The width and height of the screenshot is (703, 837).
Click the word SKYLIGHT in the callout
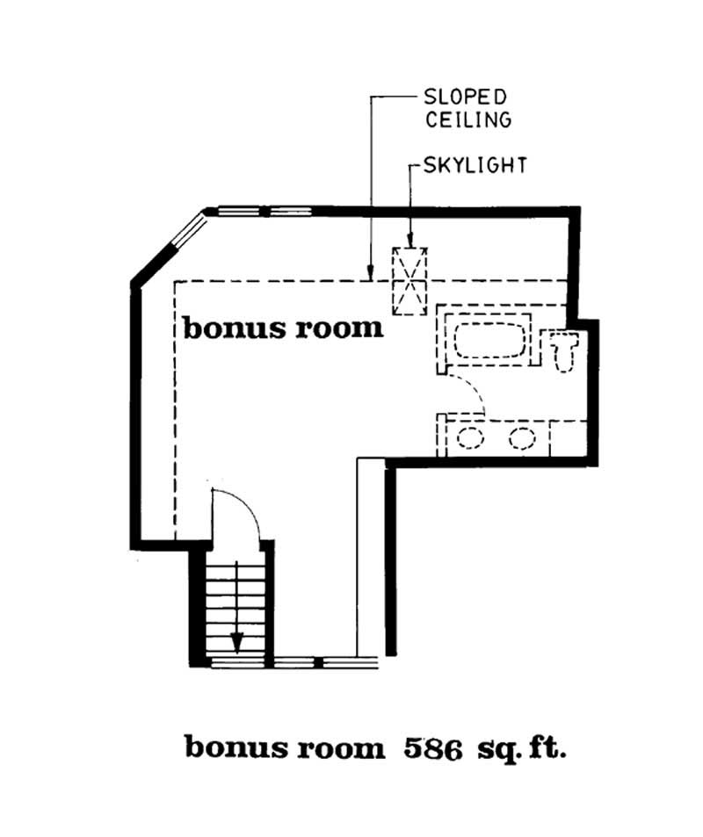(475, 164)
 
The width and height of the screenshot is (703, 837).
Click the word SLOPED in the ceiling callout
(467, 97)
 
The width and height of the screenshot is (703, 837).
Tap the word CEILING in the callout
(468, 119)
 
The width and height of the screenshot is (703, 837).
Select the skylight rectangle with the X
(409, 281)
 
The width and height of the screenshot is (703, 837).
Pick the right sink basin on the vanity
(522, 437)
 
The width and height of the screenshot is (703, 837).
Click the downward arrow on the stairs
(236, 642)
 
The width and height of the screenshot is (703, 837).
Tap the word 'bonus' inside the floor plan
(223, 328)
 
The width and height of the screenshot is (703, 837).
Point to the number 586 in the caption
(433, 748)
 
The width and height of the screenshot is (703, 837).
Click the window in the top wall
(265, 212)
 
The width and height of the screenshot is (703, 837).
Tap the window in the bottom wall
(294, 660)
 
